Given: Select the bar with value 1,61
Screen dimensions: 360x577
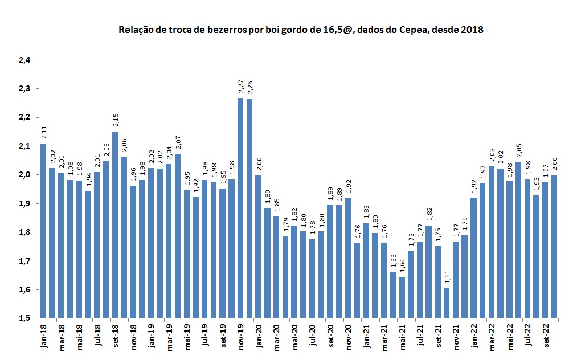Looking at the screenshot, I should (x=447, y=302).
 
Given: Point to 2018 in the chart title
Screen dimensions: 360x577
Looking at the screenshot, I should (x=472, y=30).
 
